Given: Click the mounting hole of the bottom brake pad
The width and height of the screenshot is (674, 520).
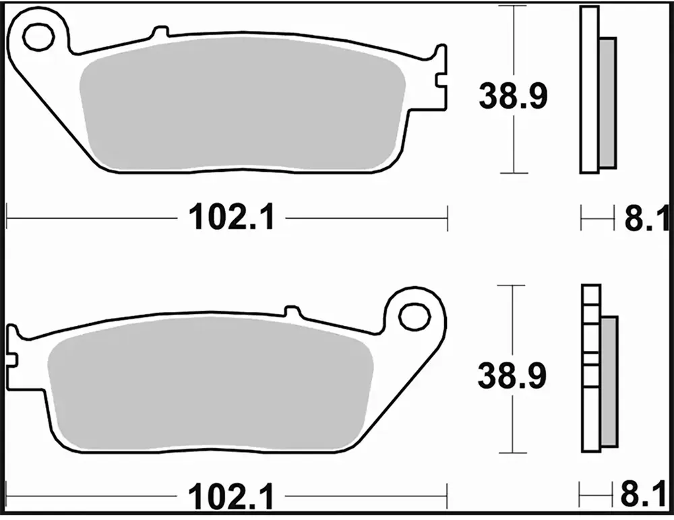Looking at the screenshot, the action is [415, 317].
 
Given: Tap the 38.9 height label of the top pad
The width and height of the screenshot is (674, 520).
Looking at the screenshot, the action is [513, 96].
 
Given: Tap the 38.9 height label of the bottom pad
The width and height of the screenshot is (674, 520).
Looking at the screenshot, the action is [512, 375].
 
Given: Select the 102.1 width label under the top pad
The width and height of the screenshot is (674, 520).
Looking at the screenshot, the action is [231, 218].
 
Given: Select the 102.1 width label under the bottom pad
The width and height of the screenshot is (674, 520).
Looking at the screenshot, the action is [231, 497].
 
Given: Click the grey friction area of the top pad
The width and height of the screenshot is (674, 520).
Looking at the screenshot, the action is [243, 104].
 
